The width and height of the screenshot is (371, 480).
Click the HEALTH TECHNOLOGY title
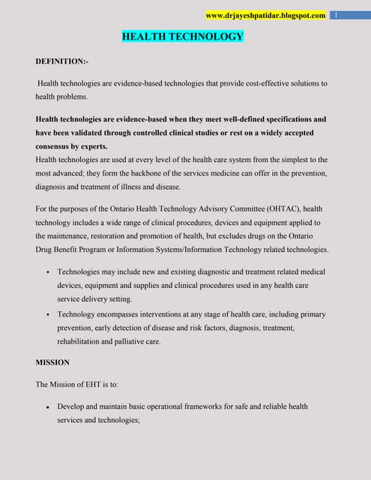pos(183,36)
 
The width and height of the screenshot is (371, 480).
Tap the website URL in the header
pos(265,15)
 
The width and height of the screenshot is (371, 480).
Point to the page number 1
pos(337,15)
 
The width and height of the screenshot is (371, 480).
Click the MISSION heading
pos(52,362)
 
